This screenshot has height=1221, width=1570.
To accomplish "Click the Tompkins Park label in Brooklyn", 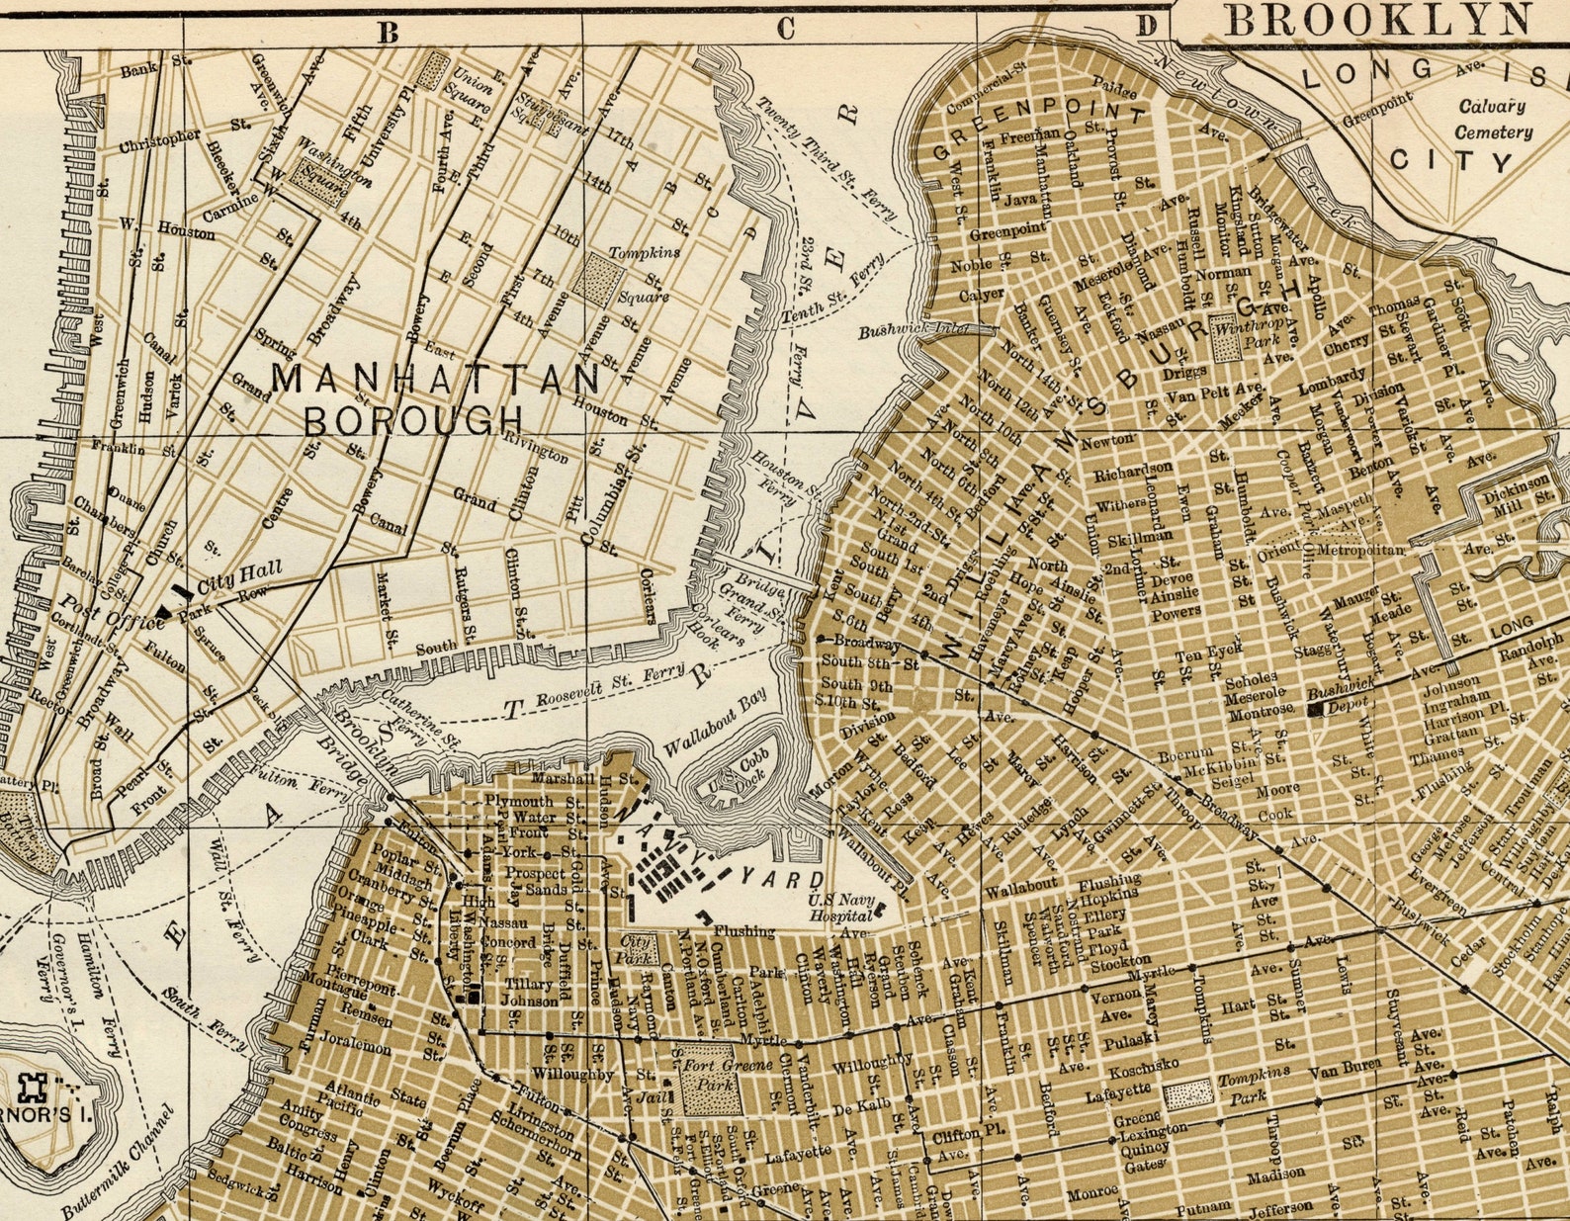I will point(1253,1088).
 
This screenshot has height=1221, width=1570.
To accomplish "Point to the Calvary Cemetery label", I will point(1494,119).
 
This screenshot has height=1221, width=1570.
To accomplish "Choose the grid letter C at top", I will point(785,29).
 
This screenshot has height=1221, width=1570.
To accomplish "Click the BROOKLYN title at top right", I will point(1379,21).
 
